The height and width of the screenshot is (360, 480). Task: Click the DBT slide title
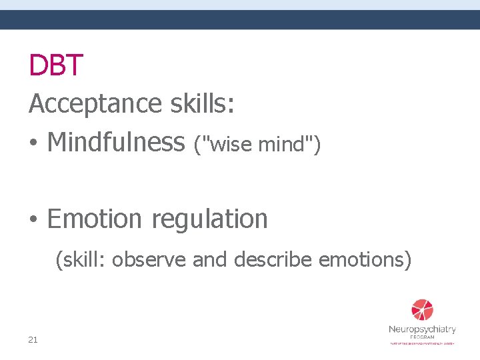click(x=56, y=65)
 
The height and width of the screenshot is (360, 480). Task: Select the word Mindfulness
click(x=116, y=141)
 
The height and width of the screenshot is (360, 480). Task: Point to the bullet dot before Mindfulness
click(x=33, y=143)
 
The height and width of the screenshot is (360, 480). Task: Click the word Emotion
click(x=95, y=219)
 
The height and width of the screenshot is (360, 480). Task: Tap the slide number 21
click(x=33, y=340)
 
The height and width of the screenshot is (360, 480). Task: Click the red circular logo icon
click(x=422, y=310)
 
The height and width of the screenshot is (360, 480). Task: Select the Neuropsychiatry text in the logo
click(x=422, y=329)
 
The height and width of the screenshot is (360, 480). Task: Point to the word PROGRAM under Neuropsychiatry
click(x=422, y=337)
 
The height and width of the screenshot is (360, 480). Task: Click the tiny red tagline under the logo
click(x=422, y=343)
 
